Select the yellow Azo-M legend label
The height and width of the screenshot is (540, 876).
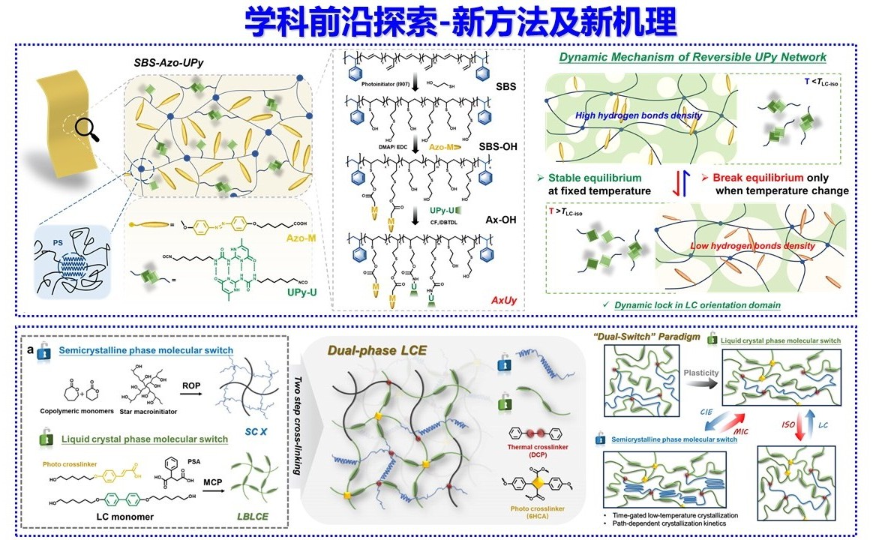coord(300,237)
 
